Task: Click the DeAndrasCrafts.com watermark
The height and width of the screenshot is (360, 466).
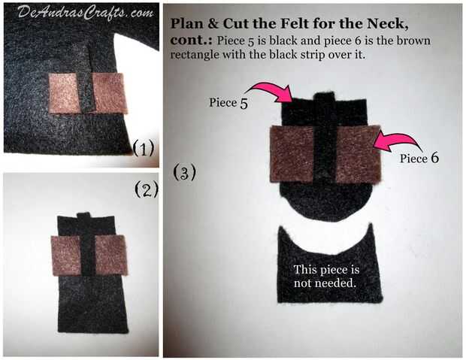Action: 86,13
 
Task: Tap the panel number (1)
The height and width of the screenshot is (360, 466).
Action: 144,148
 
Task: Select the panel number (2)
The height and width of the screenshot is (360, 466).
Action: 147,189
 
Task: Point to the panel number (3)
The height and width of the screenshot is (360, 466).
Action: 185,172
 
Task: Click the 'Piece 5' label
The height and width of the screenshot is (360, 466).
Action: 228,103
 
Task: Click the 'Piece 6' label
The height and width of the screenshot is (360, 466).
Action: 419,158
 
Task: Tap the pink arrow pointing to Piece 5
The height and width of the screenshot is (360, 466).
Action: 268,93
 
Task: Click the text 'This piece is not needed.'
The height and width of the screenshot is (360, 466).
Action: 326,276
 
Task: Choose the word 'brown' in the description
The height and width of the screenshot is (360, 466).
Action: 413,41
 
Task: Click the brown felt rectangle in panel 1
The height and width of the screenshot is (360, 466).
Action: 88,93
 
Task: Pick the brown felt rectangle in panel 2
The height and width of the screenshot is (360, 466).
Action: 89,255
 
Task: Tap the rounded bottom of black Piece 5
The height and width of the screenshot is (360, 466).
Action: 326,202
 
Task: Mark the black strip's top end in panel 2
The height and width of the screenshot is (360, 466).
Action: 83,213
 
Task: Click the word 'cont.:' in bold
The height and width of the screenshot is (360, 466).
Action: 191,41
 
